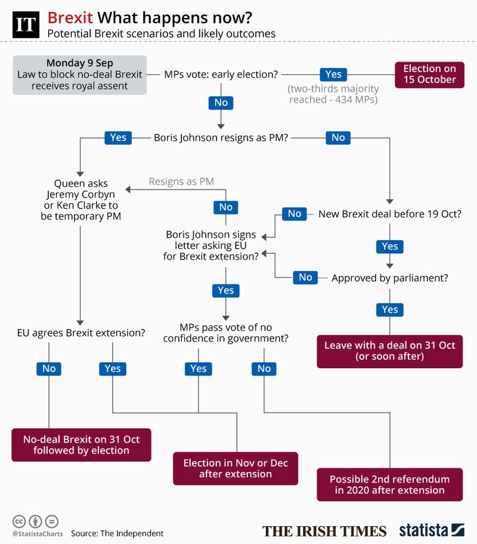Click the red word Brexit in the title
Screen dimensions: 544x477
coord(70,17)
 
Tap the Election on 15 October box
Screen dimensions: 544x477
coord(429,74)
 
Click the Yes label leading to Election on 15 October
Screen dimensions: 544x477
coord(333,74)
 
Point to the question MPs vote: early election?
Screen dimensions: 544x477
coord(222,74)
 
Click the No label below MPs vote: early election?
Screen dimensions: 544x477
coord(221,102)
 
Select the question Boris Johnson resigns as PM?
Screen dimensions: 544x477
coord(221,138)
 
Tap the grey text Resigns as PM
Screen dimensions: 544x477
coord(181,181)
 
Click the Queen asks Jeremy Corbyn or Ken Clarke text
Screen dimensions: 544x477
coord(80,200)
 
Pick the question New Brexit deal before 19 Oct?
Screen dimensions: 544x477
coord(390,214)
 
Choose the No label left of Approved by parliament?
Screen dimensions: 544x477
coord(305,277)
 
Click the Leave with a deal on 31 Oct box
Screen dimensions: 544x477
coord(389,351)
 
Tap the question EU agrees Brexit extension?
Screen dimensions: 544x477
coord(81,332)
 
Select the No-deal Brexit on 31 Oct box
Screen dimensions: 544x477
coord(81,444)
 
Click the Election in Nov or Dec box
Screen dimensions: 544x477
coord(236,468)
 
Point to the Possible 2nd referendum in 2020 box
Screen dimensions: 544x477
coord(389,484)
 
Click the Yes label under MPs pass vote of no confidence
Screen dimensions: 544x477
coord(198,369)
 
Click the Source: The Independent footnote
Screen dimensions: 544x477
coord(117,533)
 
